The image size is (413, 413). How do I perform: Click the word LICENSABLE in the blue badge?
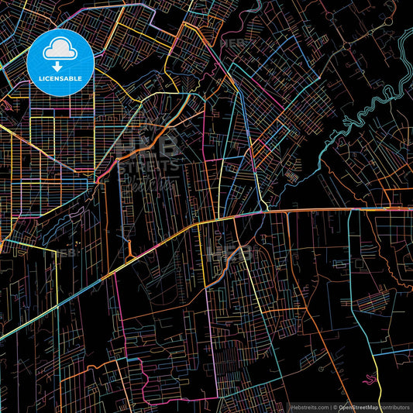(x=60, y=79)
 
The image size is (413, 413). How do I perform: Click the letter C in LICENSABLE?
(x=44, y=79)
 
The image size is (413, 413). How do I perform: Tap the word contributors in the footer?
(x=395, y=406)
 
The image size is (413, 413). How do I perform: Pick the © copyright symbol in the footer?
(x=335, y=406)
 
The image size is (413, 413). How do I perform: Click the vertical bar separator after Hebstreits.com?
(x=329, y=406)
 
